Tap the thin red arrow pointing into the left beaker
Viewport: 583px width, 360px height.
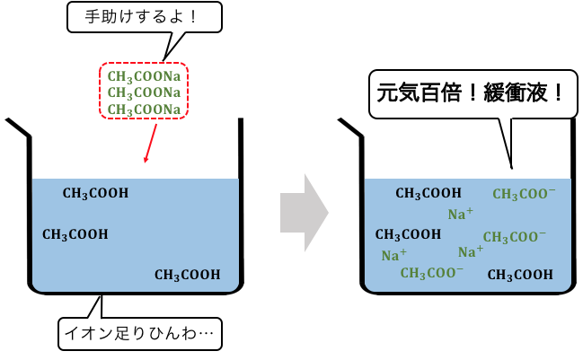coord(151,144)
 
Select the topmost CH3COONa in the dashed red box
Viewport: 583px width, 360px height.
coord(144,76)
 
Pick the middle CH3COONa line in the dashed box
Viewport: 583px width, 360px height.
coord(144,92)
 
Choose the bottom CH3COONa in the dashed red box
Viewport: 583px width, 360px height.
coord(144,110)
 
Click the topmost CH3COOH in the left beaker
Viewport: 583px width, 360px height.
coord(95,193)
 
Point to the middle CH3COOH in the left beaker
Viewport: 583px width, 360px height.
coord(75,235)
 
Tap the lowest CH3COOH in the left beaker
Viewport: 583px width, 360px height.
coord(188,275)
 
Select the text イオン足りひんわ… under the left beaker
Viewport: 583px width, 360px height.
coord(139,333)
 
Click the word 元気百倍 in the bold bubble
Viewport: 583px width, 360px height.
coord(419,92)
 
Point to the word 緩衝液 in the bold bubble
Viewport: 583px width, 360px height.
coord(516,92)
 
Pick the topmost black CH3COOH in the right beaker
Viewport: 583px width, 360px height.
coord(428,193)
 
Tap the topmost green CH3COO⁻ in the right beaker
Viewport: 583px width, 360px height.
coord(525,194)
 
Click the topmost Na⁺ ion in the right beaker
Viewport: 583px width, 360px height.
coord(461,214)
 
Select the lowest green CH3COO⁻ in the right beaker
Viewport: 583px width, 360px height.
coord(432,273)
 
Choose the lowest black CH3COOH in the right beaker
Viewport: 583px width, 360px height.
coord(520,275)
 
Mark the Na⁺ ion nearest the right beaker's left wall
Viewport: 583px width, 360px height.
coord(394,255)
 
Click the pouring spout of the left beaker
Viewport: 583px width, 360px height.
coord(17,127)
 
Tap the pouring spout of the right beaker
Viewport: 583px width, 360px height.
coord(350,127)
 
